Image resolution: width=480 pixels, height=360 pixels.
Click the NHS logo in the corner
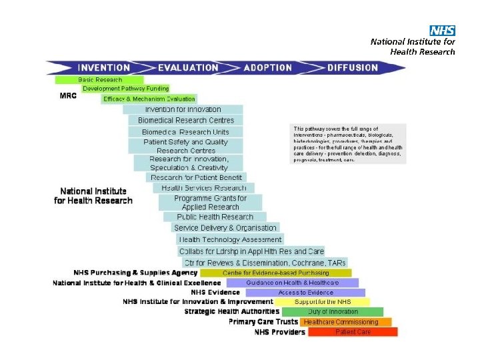[442, 31]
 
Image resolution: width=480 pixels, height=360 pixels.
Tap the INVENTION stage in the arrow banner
[103, 67]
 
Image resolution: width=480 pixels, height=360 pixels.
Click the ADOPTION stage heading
[268, 67]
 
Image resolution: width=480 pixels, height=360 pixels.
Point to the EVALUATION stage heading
[188, 67]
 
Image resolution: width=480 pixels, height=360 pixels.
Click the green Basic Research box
[100, 80]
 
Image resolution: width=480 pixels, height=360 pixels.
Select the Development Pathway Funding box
[125, 89]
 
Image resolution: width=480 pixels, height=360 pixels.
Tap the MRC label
[69, 95]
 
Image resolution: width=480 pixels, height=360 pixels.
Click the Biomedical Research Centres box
[186, 121]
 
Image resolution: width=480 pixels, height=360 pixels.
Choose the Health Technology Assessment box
[231, 239]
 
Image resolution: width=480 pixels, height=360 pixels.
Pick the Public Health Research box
[215, 217]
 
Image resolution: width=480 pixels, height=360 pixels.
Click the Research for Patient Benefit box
[196, 177]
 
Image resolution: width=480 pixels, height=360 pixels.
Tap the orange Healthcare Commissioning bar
[341, 322]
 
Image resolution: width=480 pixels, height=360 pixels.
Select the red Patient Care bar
[353, 332]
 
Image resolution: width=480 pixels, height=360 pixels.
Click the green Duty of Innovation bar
[333, 312]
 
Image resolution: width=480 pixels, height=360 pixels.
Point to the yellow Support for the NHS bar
[322, 302]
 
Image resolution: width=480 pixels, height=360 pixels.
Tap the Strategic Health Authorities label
[232, 311]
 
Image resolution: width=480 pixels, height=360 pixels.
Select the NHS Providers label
[280, 332]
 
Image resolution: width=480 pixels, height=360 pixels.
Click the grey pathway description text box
[349, 143]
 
